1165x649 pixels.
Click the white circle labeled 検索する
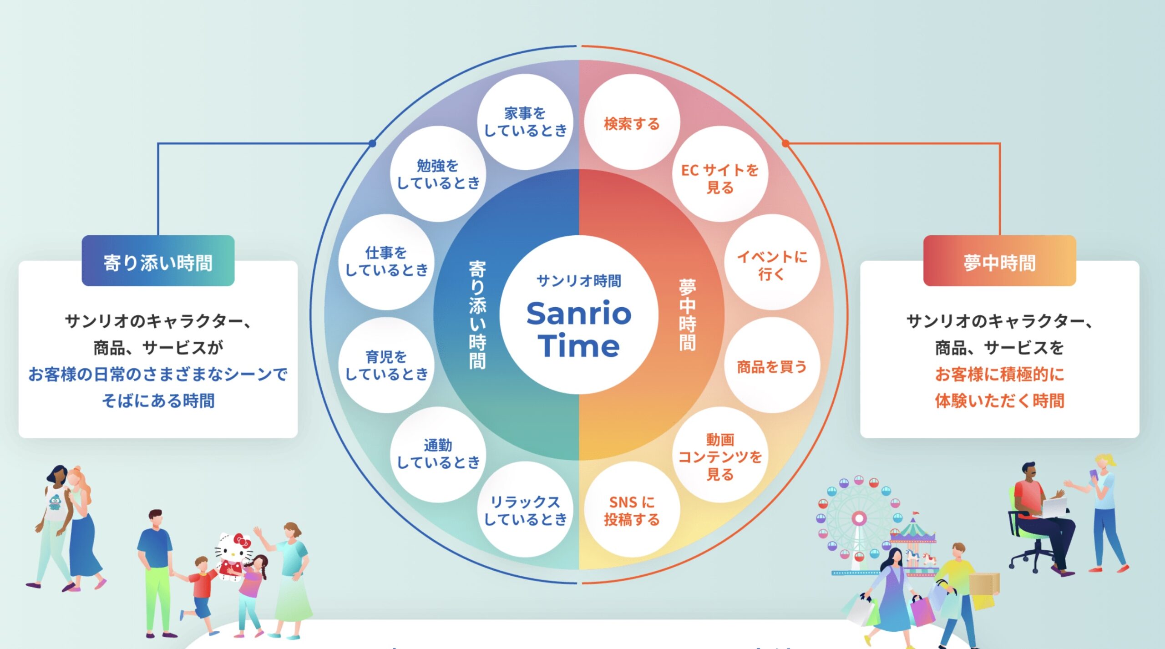(632, 123)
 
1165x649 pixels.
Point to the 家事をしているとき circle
(525, 122)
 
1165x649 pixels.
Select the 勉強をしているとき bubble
(438, 174)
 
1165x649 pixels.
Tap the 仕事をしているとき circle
(386, 262)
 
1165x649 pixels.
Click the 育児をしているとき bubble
(386, 365)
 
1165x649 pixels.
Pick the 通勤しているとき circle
(438, 454)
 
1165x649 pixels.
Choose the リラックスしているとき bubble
(525, 509)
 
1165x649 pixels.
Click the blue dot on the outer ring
(372, 143)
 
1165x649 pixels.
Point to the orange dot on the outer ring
(785, 143)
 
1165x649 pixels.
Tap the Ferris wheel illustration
(858, 519)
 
